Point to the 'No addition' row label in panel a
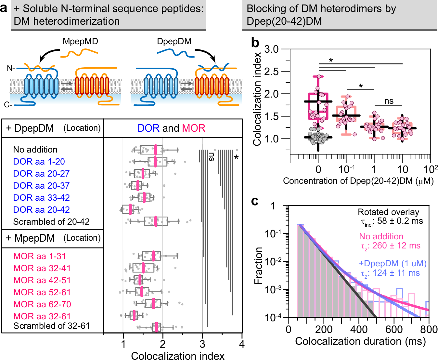(x=35, y=150)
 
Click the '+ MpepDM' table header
(x=30, y=238)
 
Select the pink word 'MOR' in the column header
(x=194, y=128)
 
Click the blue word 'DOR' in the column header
(x=148, y=128)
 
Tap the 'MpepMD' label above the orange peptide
(x=80, y=42)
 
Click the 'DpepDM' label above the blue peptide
(x=174, y=42)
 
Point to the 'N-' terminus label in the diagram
(x=11, y=69)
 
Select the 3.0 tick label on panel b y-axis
(x=271, y=49)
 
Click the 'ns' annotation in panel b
(x=389, y=101)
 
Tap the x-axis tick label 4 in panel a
(x=242, y=344)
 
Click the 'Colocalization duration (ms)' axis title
(x=360, y=341)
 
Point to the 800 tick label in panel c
(x=429, y=329)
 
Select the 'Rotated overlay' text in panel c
(x=388, y=212)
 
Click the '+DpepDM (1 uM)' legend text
(x=393, y=263)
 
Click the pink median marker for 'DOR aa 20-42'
(x=130, y=209)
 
